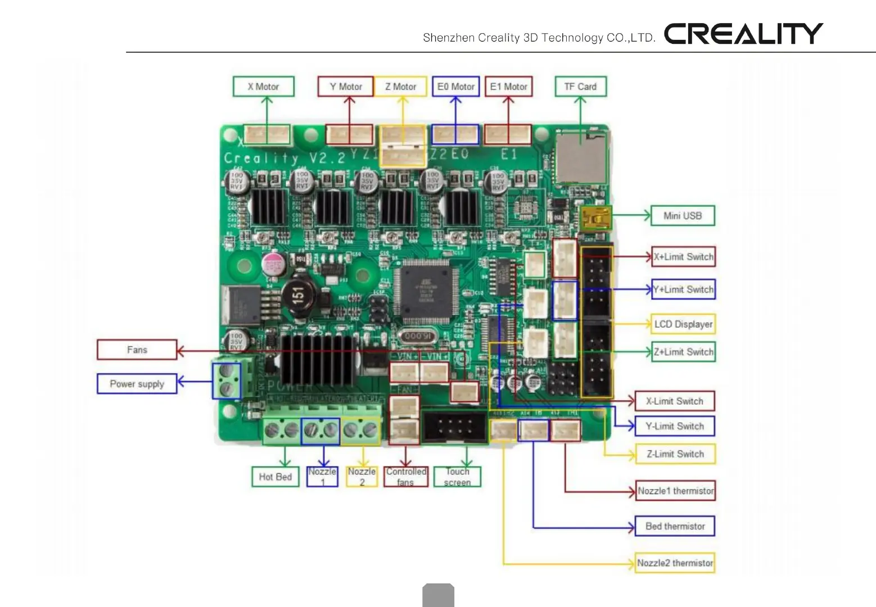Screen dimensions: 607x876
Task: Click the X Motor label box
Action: (263, 87)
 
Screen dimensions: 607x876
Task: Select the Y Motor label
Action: (345, 87)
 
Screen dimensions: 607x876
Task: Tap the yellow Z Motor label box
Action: (400, 87)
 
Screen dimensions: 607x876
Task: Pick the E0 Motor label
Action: (455, 87)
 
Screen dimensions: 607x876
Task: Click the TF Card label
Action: (580, 87)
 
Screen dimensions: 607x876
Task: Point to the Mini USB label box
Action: (683, 215)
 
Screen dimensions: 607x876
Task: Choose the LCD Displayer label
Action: (683, 324)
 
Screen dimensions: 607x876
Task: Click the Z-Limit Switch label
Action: (675, 454)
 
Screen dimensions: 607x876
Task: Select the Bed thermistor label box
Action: (675, 526)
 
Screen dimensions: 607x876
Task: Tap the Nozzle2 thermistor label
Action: (675, 563)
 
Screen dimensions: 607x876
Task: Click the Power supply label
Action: (137, 384)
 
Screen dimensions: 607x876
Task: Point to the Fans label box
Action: (137, 350)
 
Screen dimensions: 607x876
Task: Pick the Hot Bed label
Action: (275, 477)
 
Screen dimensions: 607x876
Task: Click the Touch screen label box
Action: (457, 477)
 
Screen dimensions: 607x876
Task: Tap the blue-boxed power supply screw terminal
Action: (227, 381)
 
